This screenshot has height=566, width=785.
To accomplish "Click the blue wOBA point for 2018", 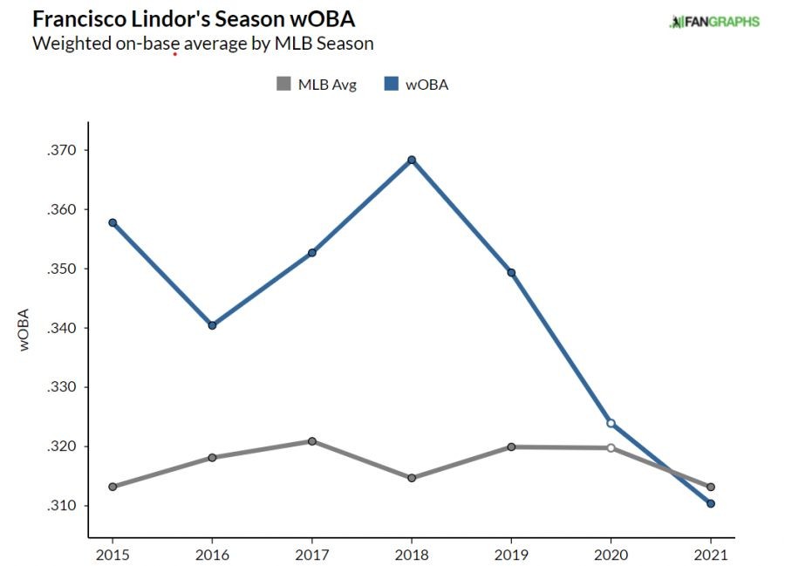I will [412, 160].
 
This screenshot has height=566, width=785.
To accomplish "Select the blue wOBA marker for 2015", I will [113, 222].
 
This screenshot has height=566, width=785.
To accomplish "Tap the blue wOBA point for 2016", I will [212, 325].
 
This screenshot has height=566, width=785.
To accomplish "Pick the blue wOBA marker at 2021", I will [711, 503].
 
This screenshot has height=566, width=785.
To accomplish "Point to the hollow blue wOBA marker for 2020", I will [611, 423].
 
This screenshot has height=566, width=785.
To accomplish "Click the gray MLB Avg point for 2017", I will [311, 441].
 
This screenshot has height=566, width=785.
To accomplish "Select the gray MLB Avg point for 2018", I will [412, 478].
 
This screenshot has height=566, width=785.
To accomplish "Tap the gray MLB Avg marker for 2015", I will [113, 487].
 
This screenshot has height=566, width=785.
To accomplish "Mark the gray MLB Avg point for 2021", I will [711, 487].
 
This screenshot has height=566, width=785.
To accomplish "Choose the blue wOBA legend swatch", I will [390, 85].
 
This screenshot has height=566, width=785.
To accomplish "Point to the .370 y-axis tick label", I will [64, 150].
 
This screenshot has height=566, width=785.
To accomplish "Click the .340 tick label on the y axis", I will [64, 328].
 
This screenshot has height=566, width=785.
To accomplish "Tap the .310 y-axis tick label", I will [64, 506].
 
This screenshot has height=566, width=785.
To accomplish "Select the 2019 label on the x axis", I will [511, 554].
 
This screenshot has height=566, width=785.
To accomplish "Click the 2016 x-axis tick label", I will [212, 554].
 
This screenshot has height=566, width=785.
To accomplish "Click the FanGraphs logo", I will [713, 22].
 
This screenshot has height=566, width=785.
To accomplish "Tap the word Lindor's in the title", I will [147, 19].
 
